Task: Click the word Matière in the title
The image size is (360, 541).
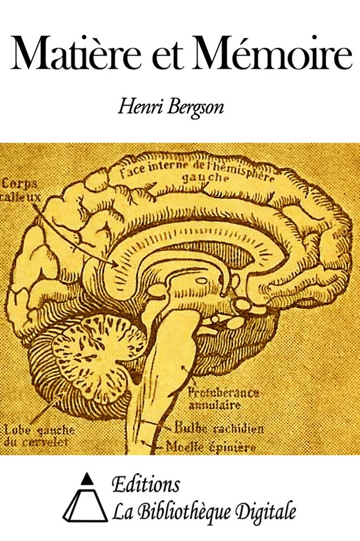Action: pos(76,53)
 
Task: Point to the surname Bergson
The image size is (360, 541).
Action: pos(196,109)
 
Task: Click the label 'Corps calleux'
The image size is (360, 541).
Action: pos(21,190)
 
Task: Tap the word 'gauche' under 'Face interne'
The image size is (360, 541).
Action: pos(205,178)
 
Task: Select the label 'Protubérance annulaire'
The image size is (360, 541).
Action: pos(223,398)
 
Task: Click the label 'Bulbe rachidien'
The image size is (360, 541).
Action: pos(219,428)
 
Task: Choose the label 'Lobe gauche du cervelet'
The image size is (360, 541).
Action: pos(39,436)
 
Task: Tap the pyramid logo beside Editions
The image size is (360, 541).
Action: pos(85,497)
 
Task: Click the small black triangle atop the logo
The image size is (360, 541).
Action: pos(87,478)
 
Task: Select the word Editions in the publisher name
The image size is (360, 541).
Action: pos(146,484)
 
